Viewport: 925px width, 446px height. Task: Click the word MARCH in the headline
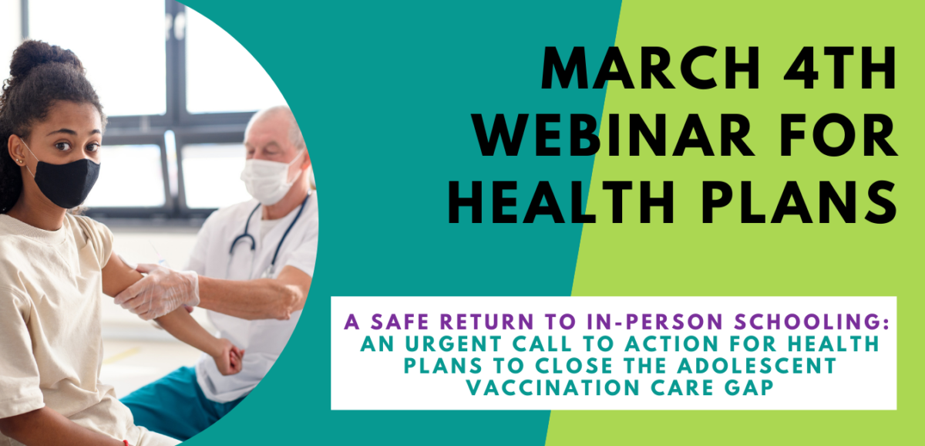(651, 68)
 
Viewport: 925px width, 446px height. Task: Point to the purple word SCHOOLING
(812, 322)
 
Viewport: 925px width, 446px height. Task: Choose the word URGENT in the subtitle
(453, 344)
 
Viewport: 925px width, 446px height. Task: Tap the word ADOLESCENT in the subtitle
(757, 366)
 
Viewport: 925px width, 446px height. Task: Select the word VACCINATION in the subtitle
(553, 387)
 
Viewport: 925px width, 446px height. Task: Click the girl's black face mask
(66, 182)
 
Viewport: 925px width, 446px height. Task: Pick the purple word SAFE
(400, 322)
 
